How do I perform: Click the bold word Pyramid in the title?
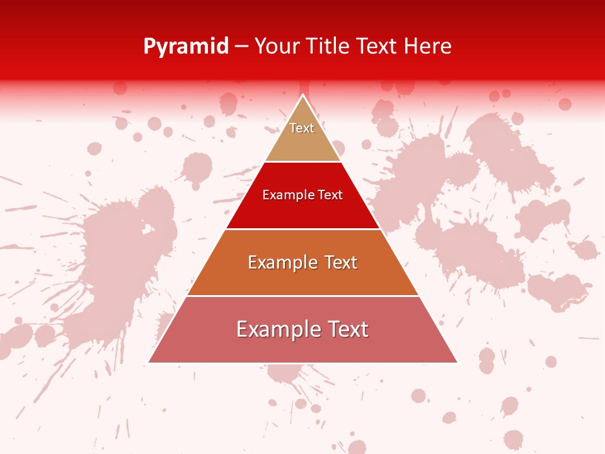click(x=186, y=46)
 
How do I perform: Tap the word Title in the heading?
click(x=327, y=46)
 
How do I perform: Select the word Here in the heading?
click(x=428, y=46)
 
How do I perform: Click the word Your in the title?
click(x=275, y=46)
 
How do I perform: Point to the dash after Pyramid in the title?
click(x=241, y=47)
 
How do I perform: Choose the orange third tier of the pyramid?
click(x=302, y=277)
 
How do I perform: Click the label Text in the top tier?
click(x=302, y=128)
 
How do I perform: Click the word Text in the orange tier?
click(x=340, y=262)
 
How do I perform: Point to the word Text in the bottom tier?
click(x=348, y=329)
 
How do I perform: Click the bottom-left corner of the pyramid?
click(x=149, y=362)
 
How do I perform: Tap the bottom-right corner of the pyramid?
click(x=457, y=362)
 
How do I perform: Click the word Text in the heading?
click(x=377, y=46)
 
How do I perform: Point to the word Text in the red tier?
click(x=328, y=195)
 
